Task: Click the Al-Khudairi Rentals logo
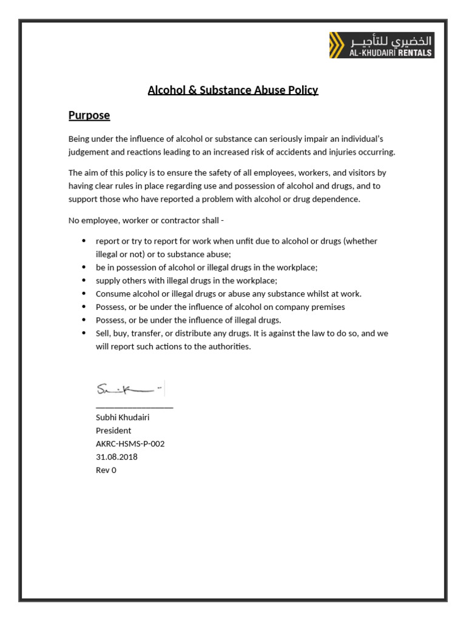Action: (x=382, y=45)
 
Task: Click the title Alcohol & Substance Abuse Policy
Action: (x=233, y=90)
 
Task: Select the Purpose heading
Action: (x=89, y=115)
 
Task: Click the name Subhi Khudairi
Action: (x=123, y=417)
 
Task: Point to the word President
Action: (x=113, y=431)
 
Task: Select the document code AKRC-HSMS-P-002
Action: (x=130, y=443)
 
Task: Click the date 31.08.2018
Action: (x=116, y=457)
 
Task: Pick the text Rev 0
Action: (x=106, y=470)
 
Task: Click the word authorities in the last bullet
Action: (x=228, y=347)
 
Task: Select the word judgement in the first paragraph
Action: (x=90, y=152)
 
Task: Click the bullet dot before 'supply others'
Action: (x=84, y=280)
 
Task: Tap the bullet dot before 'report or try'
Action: (x=84, y=241)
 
